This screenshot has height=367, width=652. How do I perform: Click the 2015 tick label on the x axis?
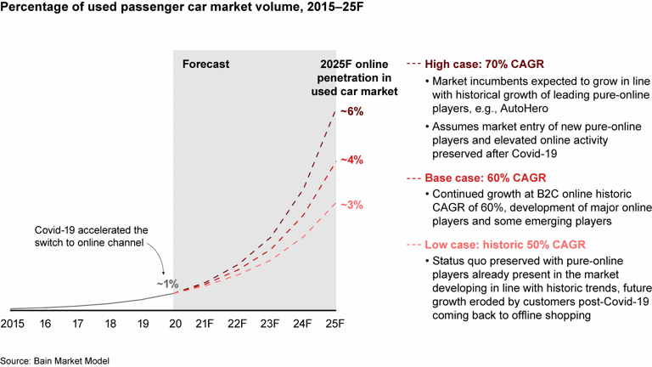[13, 324]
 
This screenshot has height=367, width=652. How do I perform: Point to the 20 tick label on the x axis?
[174, 324]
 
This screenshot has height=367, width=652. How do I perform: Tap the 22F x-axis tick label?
[239, 324]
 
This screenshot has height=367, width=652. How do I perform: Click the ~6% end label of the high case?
[352, 110]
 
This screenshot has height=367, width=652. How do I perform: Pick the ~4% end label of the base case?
[352, 159]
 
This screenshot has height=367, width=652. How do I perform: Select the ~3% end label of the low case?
[352, 205]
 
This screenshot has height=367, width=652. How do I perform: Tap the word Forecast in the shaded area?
[206, 64]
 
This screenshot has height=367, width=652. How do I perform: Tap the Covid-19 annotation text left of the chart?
[91, 237]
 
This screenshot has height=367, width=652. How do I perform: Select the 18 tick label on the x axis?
[110, 324]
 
